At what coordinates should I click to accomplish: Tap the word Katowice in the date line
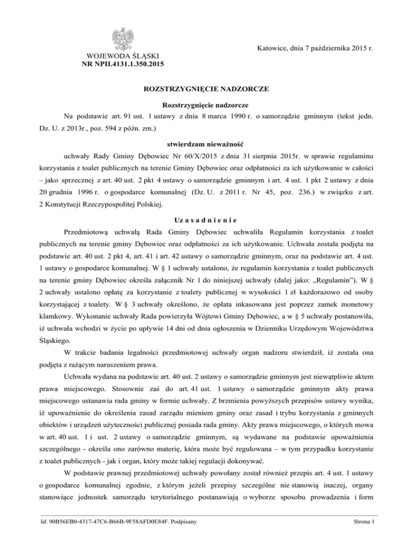pyautogui.click(x=267, y=48)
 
